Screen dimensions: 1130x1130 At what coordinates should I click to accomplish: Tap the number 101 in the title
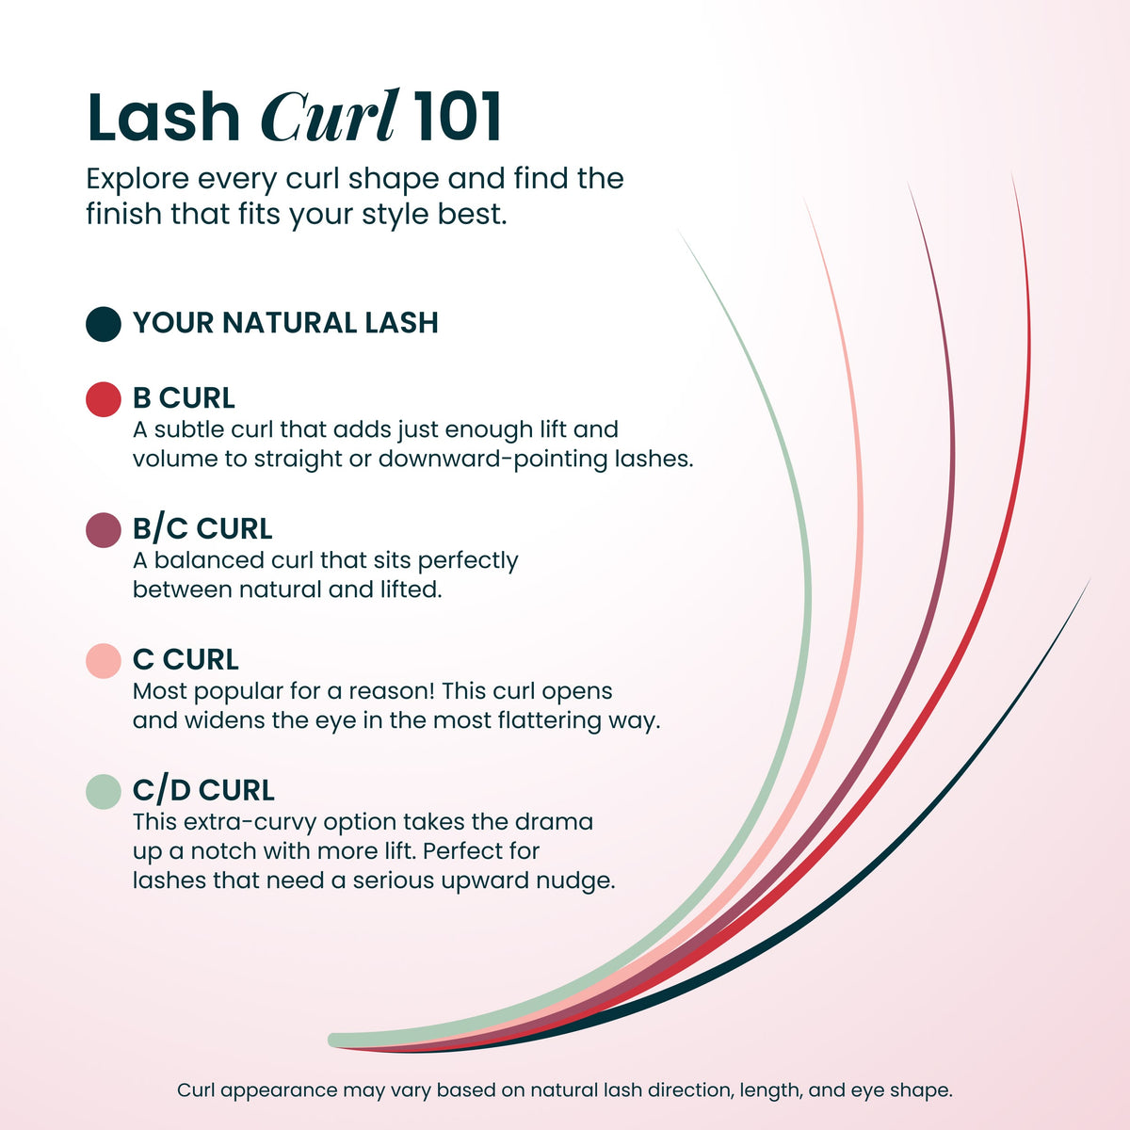pos(457,117)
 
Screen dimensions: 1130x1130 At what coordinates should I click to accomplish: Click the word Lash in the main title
pos(164,117)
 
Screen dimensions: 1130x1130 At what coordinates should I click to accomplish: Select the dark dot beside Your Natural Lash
pos(104,324)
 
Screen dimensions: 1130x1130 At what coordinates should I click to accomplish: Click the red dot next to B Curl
pos(104,399)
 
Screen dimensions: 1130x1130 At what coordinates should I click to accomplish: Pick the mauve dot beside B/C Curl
pos(104,530)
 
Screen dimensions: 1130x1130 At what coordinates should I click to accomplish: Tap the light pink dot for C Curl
pos(104,661)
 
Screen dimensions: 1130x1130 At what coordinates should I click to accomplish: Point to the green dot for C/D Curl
pos(104,792)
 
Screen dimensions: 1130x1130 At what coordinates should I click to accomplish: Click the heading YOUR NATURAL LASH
pos(285,323)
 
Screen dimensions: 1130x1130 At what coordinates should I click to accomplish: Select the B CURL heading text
pos(184,397)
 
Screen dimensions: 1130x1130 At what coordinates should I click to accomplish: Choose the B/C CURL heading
pos(202,528)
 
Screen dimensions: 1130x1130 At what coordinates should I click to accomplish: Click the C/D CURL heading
pos(203,790)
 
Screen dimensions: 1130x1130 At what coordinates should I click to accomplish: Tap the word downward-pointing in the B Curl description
pos(493,460)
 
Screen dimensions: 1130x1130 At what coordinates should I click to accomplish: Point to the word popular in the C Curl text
pos(238,692)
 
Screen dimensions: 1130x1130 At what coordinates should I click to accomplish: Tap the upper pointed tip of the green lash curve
pos(680,232)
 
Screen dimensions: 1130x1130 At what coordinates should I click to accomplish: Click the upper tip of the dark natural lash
pos(1089,581)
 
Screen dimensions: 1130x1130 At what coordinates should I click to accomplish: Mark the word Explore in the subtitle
pos(137,180)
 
